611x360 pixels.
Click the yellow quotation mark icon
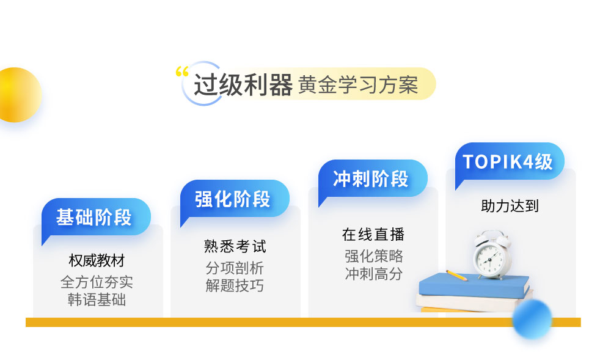182,72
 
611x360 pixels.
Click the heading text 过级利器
243,85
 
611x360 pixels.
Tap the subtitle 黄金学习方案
358,84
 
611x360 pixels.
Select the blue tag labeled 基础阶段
96,218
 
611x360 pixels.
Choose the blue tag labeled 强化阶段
235,199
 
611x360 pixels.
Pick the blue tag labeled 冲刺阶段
373,179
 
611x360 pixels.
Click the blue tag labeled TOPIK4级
510,161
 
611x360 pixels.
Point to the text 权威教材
97,260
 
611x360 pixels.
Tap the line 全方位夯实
97,282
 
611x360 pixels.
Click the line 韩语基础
97,299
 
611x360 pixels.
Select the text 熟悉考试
235,246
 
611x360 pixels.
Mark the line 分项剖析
235,268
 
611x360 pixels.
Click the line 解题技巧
235,285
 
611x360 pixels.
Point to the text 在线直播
373,235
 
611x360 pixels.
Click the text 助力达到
510,206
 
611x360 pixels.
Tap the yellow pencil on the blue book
456,275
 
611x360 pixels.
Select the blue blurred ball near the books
532,318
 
